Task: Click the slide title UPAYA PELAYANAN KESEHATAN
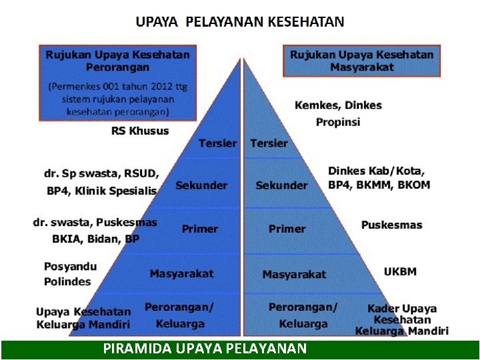[x=240, y=21]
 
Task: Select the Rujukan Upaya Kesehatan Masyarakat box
[x=362, y=61]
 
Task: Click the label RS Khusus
[x=140, y=131]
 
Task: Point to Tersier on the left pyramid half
[x=217, y=143]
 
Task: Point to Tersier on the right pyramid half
[x=269, y=143]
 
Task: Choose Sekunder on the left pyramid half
[x=201, y=185]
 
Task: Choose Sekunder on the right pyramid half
[x=281, y=185]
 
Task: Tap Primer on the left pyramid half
[x=200, y=229]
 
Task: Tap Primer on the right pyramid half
[x=287, y=229]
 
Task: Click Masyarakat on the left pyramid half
[x=181, y=273]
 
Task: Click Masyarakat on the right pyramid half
[x=294, y=274]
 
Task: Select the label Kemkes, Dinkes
[x=338, y=105]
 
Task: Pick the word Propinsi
[x=338, y=122]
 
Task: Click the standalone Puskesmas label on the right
[x=391, y=225]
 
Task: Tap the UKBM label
[x=400, y=271]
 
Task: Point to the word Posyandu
[x=71, y=267]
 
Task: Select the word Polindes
[x=67, y=281]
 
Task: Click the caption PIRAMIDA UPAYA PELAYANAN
[x=205, y=348]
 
